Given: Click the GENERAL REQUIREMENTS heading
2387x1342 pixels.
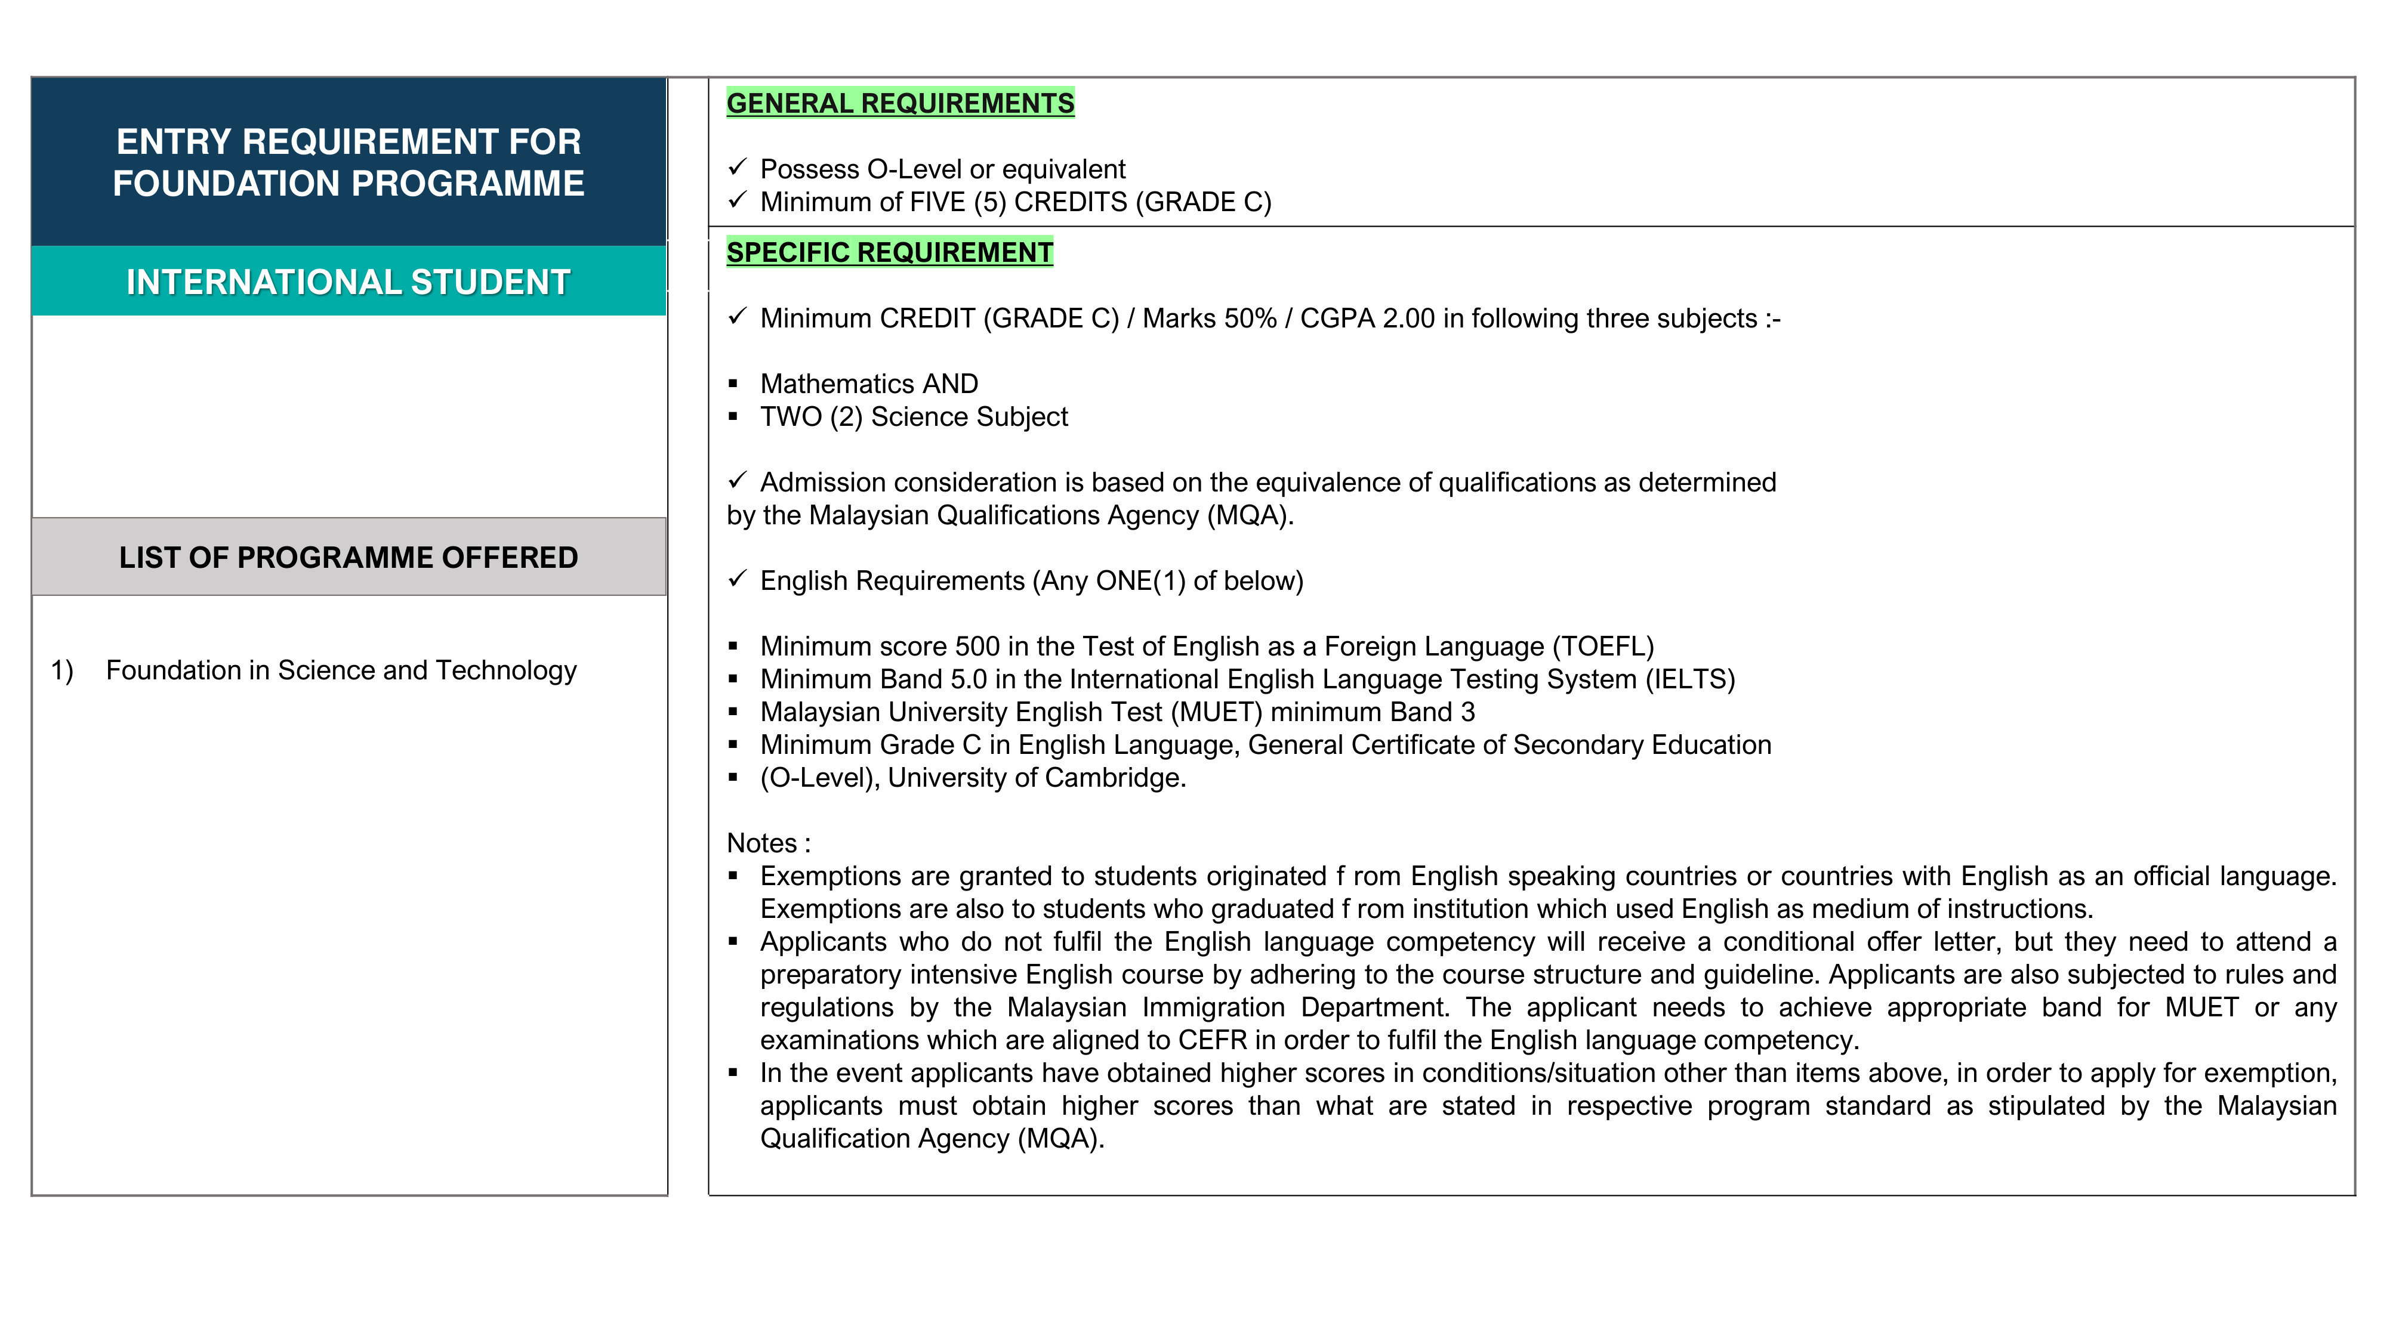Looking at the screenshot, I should pos(900,103).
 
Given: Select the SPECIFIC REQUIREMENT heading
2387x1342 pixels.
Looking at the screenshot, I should pos(890,252).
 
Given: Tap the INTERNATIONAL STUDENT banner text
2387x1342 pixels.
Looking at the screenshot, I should pos(349,282).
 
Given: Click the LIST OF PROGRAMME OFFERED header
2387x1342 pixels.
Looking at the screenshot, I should pos(349,558).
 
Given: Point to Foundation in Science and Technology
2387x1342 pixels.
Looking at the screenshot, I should pos(341,670).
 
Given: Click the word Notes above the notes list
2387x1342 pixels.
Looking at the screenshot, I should pos(761,843).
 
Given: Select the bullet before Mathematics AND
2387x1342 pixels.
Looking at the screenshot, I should pos(733,384).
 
